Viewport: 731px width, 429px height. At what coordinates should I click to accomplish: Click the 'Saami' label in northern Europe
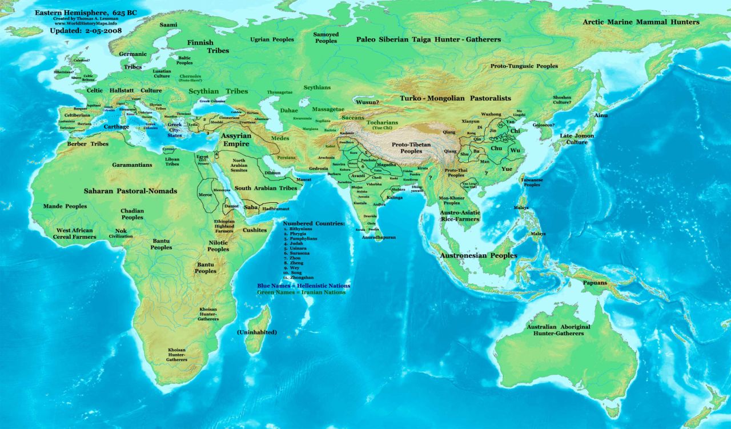point(168,25)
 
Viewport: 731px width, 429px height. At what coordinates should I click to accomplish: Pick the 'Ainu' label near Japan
point(601,115)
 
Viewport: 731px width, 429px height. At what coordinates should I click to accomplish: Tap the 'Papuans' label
point(595,283)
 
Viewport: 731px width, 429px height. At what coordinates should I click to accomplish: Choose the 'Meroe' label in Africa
point(204,195)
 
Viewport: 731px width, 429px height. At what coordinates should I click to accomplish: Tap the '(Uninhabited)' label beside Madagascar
point(257,332)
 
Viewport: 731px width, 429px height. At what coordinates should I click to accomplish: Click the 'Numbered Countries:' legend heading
point(314,223)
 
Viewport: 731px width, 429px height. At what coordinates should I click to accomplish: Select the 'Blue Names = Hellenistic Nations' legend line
point(303,285)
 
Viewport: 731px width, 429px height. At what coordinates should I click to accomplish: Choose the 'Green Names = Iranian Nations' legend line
point(301,292)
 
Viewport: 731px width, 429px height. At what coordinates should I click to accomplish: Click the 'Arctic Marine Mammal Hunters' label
point(641,22)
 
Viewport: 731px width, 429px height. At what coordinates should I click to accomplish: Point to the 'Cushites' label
point(255,230)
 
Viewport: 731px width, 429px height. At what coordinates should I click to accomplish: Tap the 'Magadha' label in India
point(386,165)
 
